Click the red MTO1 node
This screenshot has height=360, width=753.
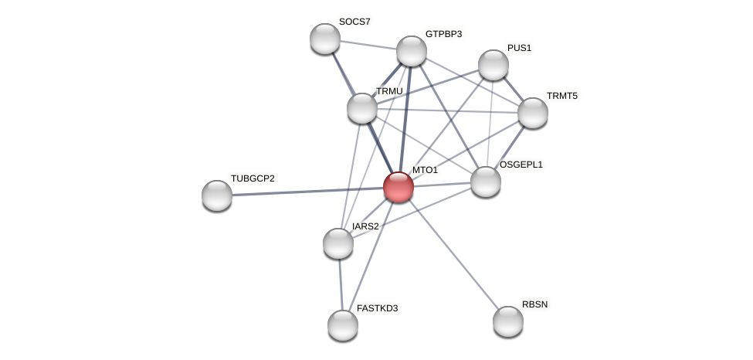399,187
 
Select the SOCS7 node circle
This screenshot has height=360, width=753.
325,39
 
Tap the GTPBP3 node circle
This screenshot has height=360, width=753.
412,51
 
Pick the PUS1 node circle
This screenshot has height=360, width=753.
494,65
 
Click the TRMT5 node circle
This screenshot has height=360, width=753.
533,113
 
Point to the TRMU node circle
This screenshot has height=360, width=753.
362,108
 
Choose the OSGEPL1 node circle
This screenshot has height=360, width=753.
486,182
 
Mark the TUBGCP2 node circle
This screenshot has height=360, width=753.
217,195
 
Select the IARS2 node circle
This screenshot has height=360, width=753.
338,243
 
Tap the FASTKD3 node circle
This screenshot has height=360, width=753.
343,325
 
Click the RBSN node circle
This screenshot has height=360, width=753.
508,321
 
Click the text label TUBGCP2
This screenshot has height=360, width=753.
253,178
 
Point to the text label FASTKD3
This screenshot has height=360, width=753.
377,308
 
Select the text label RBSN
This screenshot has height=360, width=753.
534,304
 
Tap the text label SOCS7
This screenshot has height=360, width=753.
354,22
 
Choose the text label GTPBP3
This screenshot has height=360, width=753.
443,34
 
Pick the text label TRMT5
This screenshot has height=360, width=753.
561,96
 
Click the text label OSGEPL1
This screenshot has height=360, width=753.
521,165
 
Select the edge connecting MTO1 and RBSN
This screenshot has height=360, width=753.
453,254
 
